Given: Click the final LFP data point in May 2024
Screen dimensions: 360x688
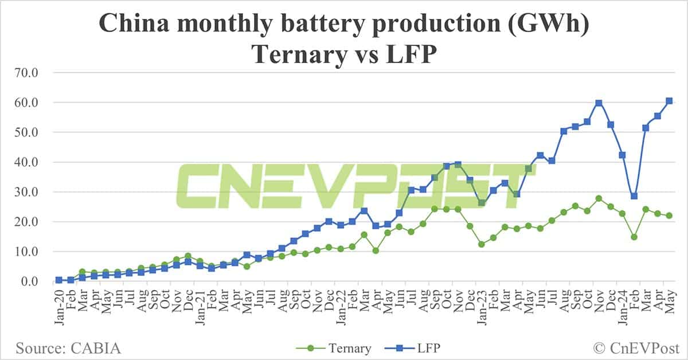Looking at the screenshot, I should coord(669,101).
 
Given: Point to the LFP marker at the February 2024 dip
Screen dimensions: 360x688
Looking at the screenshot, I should coord(634,196).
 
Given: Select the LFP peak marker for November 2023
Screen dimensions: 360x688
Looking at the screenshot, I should coord(599,103).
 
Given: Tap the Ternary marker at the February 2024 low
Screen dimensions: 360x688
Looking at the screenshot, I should coord(634,237).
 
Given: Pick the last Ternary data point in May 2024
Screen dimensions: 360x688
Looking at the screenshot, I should coord(669,216).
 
